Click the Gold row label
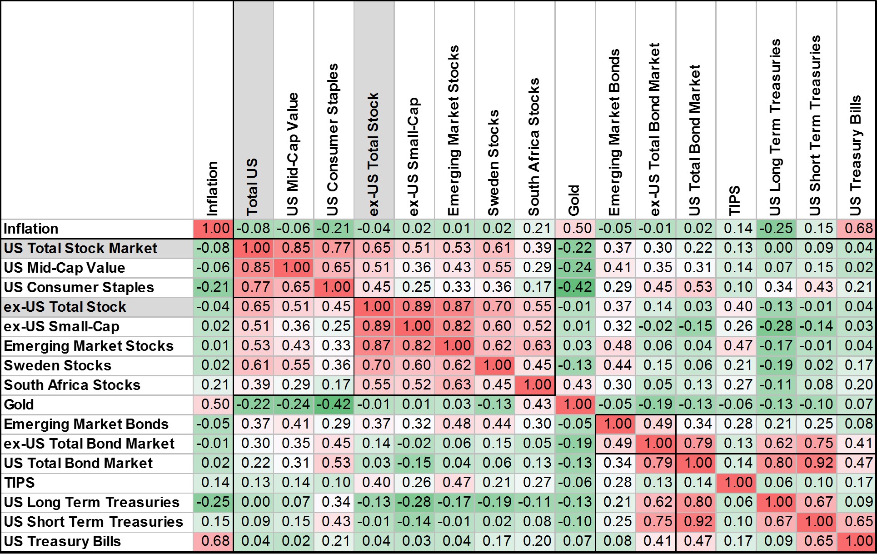(19, 404)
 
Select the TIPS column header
(735, 200)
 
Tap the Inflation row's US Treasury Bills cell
(858, 229)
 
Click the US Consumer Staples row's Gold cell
(575, 287)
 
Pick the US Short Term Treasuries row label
(93, 522)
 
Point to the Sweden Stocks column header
(494, 163)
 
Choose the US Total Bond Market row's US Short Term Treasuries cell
(817, 463)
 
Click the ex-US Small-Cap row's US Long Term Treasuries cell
(777, 326)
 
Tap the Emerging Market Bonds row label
(86, 424)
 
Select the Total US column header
(253, 186)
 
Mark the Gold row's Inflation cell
(213, 404)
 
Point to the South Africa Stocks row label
(72, 385)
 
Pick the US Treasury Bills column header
(856, 155)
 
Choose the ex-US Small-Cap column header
(414, 156)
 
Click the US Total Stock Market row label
(80, 248)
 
